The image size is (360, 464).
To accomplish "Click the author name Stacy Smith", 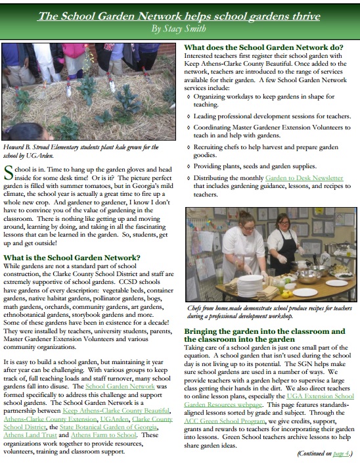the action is pyautogui.click(x=179, y=29).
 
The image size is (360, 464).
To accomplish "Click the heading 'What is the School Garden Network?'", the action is pyautogui.click(x=72, y=257).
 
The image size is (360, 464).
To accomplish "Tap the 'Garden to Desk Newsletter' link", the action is pyautogui.click(x=304, y=178).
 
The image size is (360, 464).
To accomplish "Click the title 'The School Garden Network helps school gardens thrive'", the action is pyautogui.click(x=179, y=15).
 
